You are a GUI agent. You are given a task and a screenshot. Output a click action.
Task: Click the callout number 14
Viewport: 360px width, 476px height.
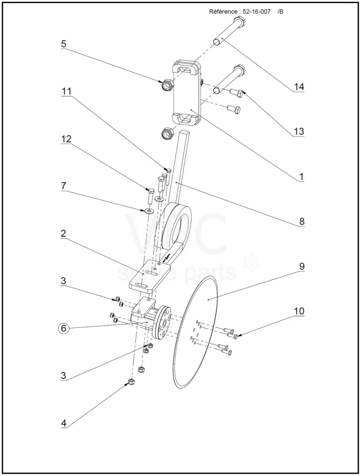tap(299, 87)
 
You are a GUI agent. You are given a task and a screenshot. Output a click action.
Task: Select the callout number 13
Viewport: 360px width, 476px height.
tap(299, 131)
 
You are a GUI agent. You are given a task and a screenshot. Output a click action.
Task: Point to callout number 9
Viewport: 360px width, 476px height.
tap(301, 266)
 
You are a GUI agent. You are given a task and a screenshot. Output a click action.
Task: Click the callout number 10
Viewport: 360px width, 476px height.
tap(299, 311)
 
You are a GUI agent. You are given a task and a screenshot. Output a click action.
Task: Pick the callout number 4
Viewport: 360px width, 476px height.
tap(63, 423)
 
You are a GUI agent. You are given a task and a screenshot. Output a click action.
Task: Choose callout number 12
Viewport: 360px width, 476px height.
tap(66, 139)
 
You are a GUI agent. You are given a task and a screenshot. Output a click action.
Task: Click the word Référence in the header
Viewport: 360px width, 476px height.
tap(223, 12)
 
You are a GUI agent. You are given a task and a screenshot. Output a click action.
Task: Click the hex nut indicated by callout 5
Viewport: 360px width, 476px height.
tap(167, 85)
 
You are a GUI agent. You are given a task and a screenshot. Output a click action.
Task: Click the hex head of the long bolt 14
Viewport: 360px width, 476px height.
tap(240, 22)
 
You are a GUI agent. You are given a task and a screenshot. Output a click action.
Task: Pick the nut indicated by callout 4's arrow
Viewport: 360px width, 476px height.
tap(131, 382)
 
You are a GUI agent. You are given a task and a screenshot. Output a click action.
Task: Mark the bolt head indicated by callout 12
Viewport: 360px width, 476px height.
tap(151, 191)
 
